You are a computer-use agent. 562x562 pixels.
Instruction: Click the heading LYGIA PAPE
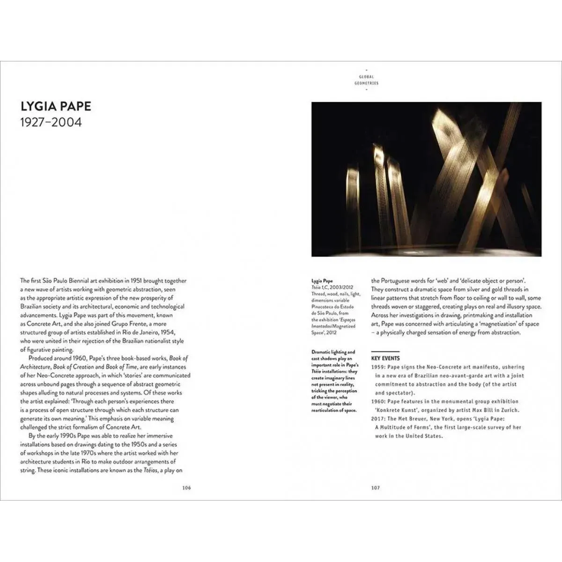pos(56,106)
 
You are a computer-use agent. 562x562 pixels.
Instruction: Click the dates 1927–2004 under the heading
pos(51,123)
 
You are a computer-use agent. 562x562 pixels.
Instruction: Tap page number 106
pos(187,488)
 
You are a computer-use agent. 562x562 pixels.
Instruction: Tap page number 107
pos(375,488)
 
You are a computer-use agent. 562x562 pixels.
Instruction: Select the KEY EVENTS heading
pos(385,358)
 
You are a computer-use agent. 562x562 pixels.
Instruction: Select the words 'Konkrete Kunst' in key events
pos(395,410)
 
